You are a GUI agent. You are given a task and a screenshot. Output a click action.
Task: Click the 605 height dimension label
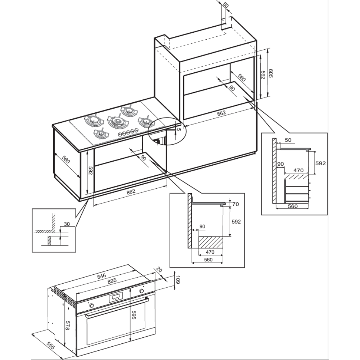click(270, 73)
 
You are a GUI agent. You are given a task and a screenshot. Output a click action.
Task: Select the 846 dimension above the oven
click(102, 276)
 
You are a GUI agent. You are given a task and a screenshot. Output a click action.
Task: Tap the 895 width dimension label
click(112, 281)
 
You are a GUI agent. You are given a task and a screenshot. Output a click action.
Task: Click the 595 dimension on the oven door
click(134, 315)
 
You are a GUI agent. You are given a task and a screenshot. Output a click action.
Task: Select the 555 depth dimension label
click(51, 346)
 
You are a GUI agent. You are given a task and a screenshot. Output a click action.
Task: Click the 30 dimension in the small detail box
click(67, 224)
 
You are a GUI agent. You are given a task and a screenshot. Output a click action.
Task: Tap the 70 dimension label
click(235, 204)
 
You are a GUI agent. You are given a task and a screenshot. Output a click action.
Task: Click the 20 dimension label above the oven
click(159, 270)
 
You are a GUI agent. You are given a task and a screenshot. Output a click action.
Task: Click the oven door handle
click(117, 307)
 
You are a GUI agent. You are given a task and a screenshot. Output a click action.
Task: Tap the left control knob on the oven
click(91, 305)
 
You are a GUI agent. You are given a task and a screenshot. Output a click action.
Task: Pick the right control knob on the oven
click(141, 291)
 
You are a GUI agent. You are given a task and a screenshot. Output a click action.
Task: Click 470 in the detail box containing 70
click(210, 252)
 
